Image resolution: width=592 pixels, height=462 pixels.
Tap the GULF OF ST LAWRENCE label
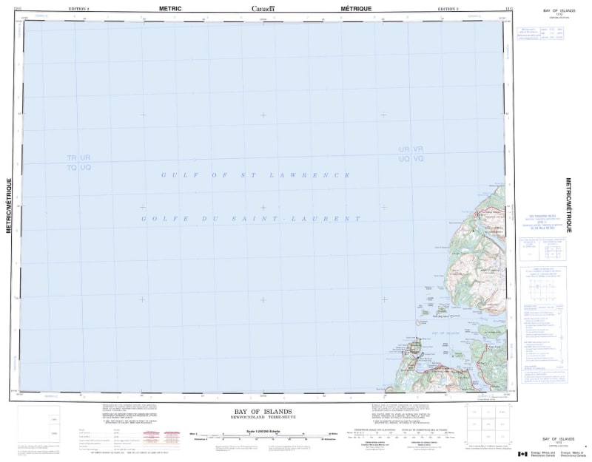pos(256,175)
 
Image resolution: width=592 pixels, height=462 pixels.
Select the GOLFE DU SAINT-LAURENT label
pos(252,219)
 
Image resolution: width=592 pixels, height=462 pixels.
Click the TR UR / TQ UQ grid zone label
pos(78,163)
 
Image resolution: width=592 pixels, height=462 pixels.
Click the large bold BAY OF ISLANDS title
pos(263,411)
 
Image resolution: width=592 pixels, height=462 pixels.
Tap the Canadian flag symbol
pos(522,453)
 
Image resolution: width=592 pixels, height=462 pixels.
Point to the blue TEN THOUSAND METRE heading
pos(544,214)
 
